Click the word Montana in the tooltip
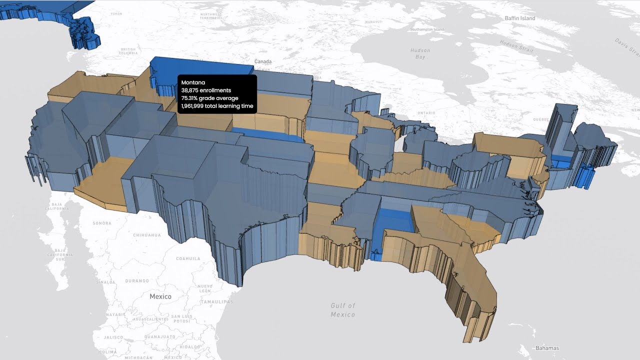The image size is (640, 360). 193,82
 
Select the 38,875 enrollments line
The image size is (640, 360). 206,90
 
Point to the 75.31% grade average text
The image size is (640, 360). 209,98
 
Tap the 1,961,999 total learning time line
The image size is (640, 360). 217,106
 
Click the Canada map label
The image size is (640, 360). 263,61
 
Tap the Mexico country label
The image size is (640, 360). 160,296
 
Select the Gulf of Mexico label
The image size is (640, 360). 343,310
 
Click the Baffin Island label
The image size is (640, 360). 520,18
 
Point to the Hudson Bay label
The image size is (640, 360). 420,53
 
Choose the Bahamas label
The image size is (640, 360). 547,348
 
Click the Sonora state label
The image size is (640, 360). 102,223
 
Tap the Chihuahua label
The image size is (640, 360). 147,235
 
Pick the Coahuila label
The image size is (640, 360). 188,258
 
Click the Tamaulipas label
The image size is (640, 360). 216,302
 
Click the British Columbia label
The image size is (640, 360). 128,51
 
